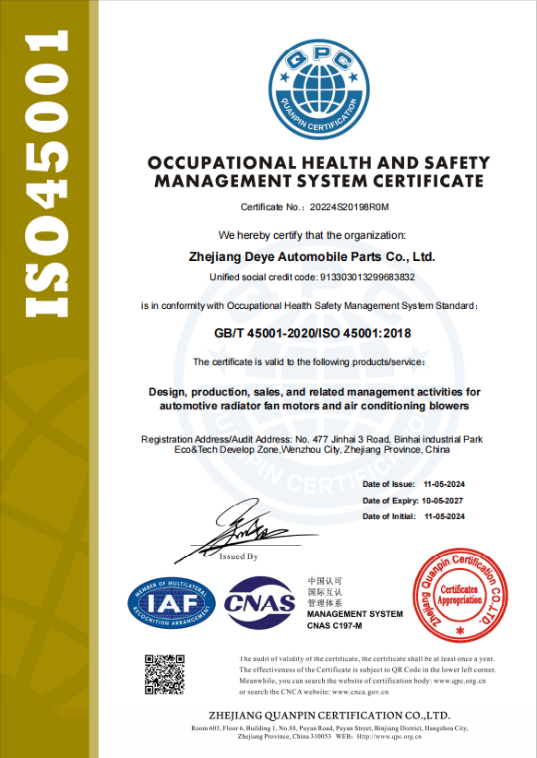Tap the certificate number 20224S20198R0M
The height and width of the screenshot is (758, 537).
click(351, 207)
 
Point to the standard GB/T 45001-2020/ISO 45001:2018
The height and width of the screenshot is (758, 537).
click(310, 333)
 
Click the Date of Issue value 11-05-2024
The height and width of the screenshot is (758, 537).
click(444, 484)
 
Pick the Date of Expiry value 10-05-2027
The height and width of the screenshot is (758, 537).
click(442, 500)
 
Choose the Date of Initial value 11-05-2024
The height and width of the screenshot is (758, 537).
click(444, 516)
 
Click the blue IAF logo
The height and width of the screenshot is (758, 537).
click(172, 605)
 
